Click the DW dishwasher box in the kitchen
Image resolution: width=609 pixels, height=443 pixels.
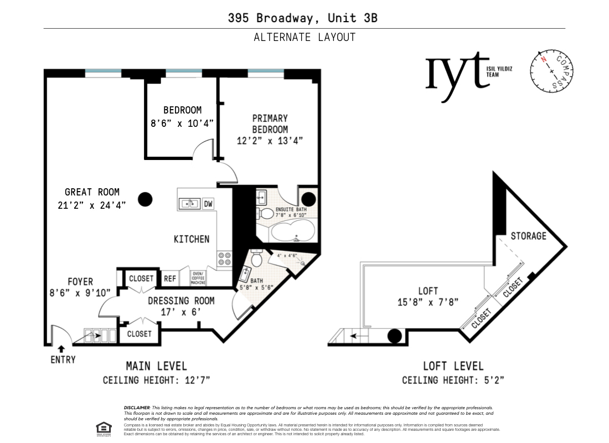click(208, 204)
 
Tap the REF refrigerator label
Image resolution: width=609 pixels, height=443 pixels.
click(170, 279)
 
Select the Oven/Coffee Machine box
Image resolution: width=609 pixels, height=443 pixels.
click(198, 278)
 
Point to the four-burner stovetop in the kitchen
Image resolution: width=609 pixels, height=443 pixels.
click(225, 260)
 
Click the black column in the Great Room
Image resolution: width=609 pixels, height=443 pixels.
click(146, 199)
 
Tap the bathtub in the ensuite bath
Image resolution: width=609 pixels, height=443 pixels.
click(291, 232)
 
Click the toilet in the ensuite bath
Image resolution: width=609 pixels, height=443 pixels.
click(266, 213)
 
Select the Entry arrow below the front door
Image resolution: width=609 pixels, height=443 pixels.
click(61, 349)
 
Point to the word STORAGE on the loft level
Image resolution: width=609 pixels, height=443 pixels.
click(528, 236)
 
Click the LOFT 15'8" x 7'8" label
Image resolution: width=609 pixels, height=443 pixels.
click(428, 296)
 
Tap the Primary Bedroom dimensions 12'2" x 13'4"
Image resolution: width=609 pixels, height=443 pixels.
click(270, 141)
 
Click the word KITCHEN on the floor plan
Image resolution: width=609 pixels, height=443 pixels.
click(192, 239)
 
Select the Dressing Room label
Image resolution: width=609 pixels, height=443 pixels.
click(181, 306)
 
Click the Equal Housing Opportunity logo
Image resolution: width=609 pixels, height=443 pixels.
click(103, 427)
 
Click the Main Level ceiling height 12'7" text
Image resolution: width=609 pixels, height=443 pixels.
click(156, 380)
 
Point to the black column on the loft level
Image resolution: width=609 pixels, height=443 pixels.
click(394, 336)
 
